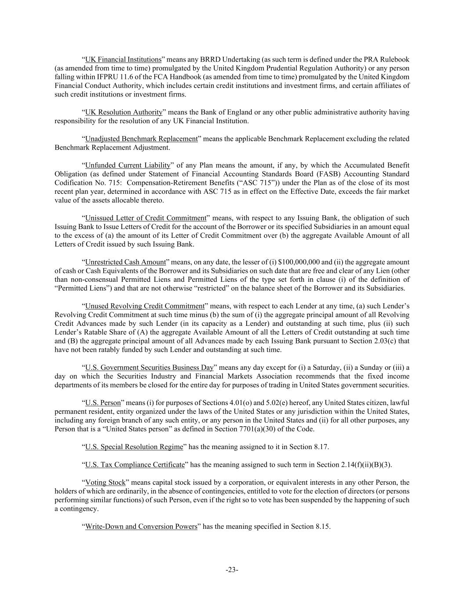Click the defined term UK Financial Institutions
point(123,59)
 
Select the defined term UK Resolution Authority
point(124,112)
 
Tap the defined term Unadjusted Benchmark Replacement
point(141,139)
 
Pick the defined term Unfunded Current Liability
point(128,165)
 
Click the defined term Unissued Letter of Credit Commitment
point(146,218)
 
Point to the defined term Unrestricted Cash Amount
point(125,262)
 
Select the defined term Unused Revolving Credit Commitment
point(145,306)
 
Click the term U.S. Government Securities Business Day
point(149,368)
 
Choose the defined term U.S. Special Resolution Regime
point(134,447)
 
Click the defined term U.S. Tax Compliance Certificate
point(135,465)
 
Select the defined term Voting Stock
point(105,483)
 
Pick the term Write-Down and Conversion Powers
point(141,527)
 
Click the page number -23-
point(232,570)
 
